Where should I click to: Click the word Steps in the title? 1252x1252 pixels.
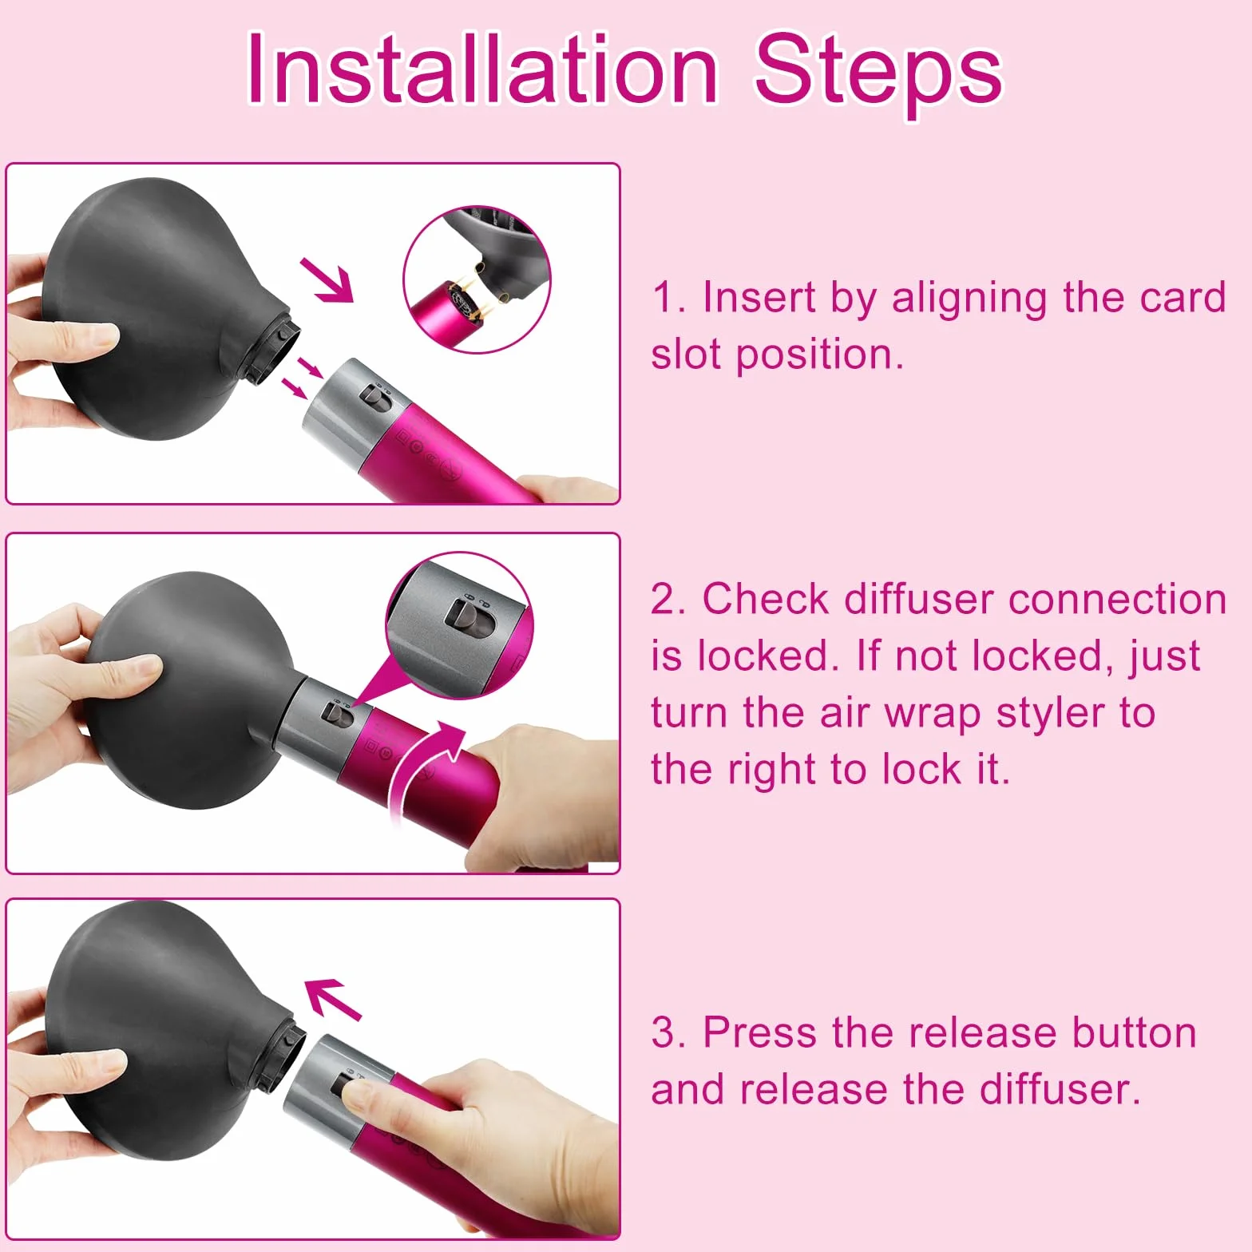point(878,73)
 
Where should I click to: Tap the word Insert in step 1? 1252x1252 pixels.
point(759,297)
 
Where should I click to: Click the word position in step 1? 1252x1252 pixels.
point(820,356)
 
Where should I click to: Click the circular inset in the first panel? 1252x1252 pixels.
point(477,279)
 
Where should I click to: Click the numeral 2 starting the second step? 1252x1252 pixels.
point(664,600)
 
